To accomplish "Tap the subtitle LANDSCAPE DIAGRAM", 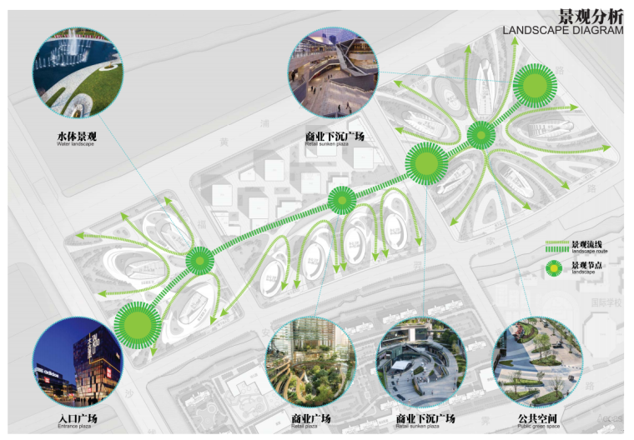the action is point(563,31).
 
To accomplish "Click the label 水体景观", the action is point(77,136).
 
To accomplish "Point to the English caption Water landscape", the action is point(76,145).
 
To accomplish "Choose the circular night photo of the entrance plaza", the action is point(78,362).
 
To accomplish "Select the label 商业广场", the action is point(311,417).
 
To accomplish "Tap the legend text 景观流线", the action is point(586,242).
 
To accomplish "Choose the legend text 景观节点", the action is point(586,265).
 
